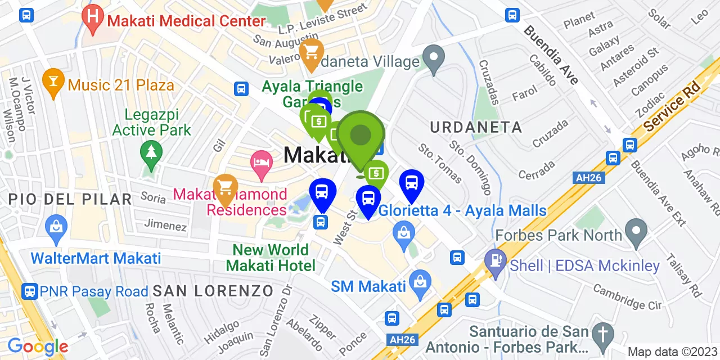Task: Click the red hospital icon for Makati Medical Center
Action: point(92,17)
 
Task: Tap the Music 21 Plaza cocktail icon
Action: point(54,82)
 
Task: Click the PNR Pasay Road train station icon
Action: point(29,291)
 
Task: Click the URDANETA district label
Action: point(476,127)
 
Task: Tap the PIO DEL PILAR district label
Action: point(70,199)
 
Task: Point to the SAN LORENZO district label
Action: point(213,291)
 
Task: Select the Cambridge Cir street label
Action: point(627,296)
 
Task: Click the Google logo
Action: point(38,346)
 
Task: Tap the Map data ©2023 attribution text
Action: point(672,352)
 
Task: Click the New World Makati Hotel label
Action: point(271,258)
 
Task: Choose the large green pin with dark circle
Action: point(361,137)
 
